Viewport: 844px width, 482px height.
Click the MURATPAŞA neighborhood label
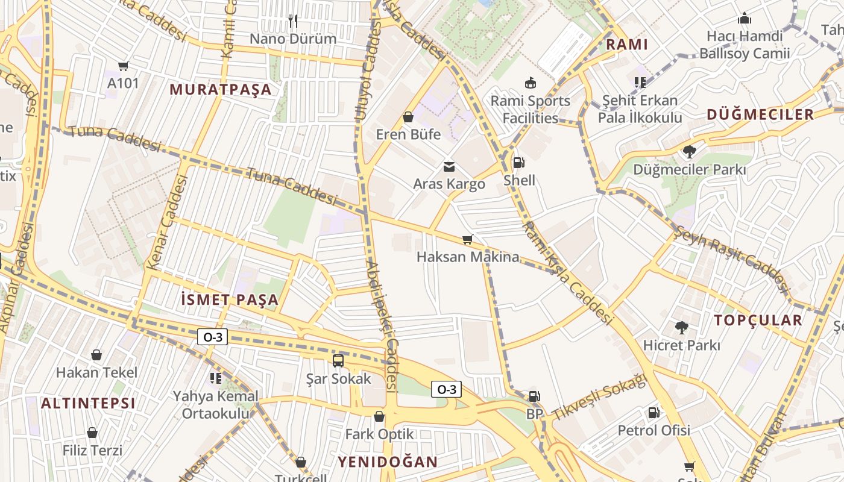[221, 90]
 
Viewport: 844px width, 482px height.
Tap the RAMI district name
[627, 44]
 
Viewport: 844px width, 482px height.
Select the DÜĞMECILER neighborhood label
[760, 114]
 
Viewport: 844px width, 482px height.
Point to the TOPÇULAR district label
[758, 320]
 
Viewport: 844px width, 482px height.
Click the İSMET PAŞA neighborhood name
[230, 299]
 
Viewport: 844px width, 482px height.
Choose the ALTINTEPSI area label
[88, 403]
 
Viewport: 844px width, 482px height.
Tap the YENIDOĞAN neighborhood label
[387, 462]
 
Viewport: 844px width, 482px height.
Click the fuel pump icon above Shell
[518, 162]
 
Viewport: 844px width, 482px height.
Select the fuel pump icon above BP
[534, 396]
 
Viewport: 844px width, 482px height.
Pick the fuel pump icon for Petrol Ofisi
[653, 413]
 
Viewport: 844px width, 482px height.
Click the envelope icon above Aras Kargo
[449, 166]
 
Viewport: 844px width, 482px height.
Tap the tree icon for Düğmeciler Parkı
[689, 152]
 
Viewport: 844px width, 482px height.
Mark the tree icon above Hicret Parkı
[682, 328]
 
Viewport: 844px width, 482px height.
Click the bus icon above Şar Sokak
[338, 361]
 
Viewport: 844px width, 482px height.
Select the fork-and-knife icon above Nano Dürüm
[293, 21]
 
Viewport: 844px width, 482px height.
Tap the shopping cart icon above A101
[124, 66]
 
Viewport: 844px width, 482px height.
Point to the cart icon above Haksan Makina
[467, 239]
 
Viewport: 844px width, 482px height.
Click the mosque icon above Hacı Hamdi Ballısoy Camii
[745, 19]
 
